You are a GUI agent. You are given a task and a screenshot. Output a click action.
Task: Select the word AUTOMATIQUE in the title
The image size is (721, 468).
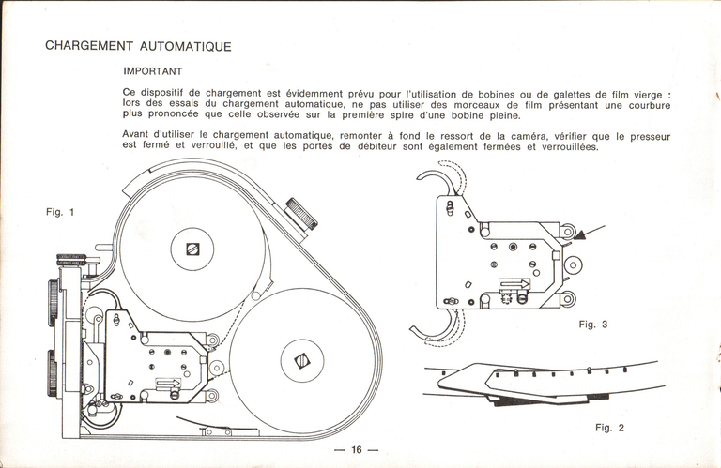point(185,46)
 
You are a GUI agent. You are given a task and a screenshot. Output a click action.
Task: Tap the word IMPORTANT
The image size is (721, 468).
point(152,71)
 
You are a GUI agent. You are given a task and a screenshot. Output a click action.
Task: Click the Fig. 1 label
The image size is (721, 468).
point(60,212)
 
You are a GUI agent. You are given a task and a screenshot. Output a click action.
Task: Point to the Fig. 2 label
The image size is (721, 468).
point(610,428)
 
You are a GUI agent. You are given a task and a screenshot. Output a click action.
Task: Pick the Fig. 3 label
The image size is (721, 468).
point(593,325)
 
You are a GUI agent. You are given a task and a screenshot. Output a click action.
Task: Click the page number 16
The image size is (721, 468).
point(356,450)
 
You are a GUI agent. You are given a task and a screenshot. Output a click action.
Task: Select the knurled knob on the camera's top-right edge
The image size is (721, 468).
point(302,212)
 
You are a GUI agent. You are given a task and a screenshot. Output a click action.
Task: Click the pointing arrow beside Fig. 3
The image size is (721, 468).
point(589,232)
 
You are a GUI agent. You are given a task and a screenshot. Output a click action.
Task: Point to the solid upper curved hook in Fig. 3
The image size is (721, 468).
point(431,175)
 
